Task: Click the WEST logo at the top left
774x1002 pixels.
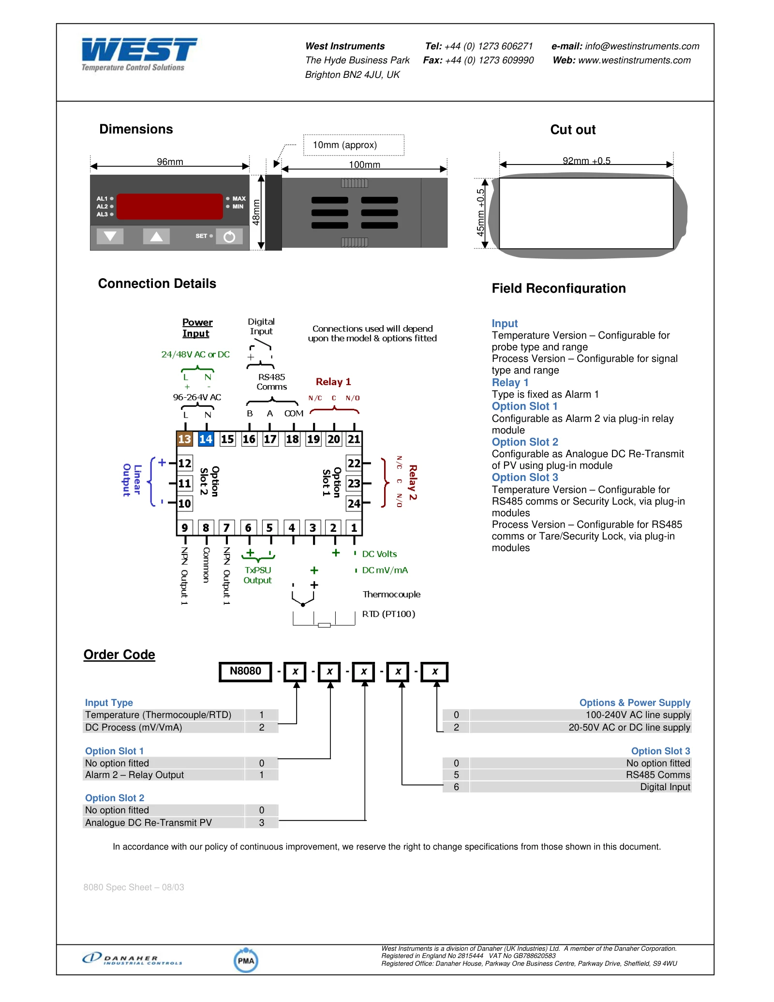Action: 139,54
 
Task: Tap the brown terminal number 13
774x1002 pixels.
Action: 184,439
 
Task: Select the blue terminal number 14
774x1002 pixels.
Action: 206,439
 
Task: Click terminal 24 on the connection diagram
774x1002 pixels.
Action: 354,503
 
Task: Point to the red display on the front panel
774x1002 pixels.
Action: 169,207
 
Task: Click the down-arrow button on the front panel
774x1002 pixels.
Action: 110,236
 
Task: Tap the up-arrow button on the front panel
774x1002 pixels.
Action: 156,236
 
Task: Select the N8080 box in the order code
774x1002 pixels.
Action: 245,672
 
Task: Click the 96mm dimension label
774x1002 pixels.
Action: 170,162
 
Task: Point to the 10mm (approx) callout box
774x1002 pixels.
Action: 354,145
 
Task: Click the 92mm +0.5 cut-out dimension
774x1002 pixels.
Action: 586,161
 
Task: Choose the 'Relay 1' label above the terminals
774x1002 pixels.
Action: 333,382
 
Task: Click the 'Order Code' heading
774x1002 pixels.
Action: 119,655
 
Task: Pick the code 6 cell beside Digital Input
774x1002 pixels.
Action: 456,787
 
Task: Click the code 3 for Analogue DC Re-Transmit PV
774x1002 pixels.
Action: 262,823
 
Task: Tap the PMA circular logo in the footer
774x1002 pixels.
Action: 246,960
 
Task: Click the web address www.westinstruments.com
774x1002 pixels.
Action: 634,60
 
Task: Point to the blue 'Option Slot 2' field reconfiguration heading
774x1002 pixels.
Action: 525,442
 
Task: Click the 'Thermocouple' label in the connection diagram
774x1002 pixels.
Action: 391,594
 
